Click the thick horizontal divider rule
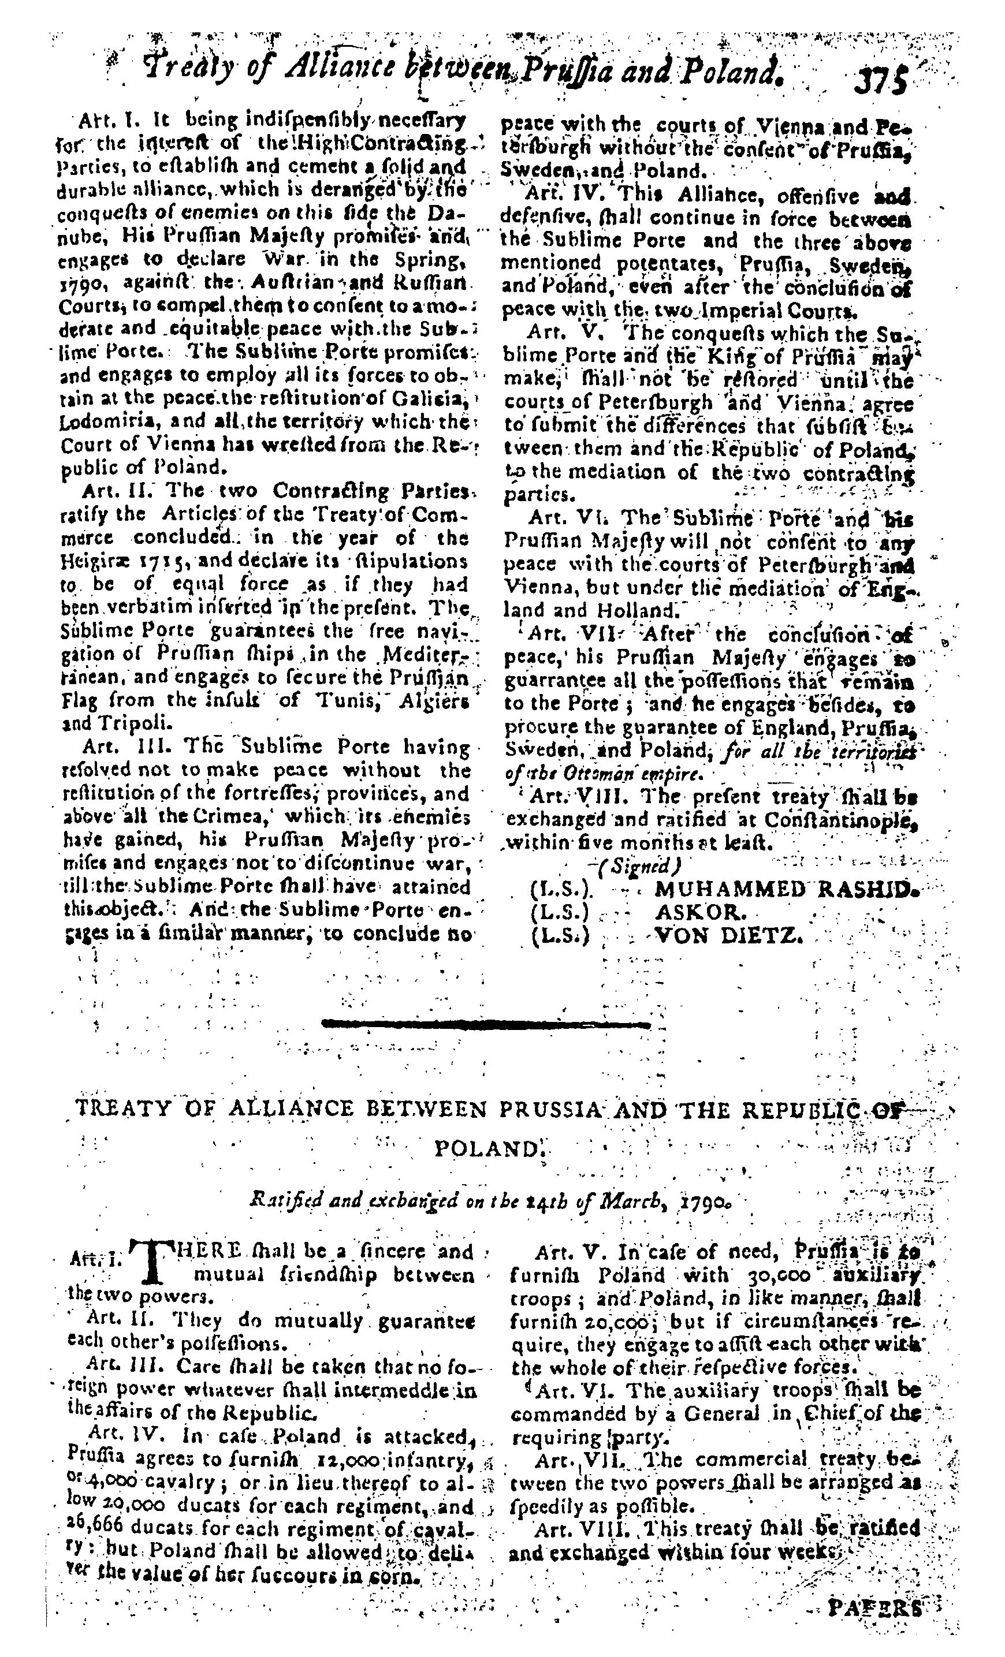click(486, 1025)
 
